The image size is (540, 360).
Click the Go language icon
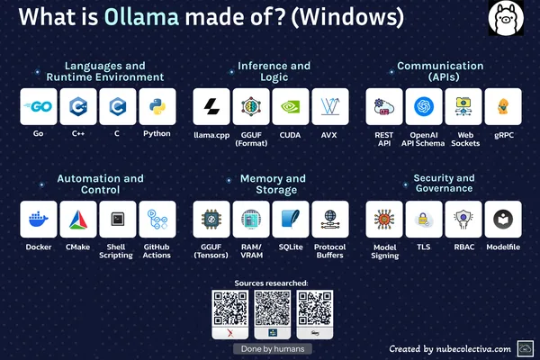39,106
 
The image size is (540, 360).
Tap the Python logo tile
157,106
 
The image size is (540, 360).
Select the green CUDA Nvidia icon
291,106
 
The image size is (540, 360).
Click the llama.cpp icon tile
211,106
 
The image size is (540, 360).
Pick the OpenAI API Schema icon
424,106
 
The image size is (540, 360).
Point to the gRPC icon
503,106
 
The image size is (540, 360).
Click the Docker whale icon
39,220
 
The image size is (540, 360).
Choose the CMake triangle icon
78,220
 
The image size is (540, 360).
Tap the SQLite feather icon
291,220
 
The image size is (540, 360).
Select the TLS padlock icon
424,220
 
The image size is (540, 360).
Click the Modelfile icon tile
503,220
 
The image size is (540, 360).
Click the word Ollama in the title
141,16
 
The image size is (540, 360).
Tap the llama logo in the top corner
506,18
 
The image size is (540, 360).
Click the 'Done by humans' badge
273,349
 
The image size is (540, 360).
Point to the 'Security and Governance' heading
444,183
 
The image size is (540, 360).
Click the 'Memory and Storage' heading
273,184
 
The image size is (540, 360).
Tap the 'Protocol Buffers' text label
330,251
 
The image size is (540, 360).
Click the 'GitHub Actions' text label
157,251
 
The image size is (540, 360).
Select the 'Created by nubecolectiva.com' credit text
450,349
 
